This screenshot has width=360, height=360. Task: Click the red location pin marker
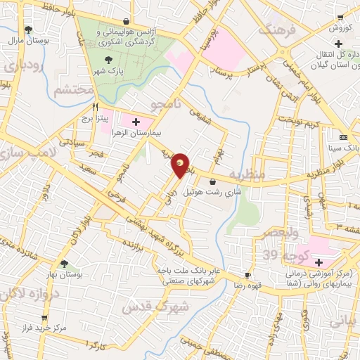[x=181, y=165]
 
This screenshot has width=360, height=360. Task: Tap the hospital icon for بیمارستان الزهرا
[x=134, y=123]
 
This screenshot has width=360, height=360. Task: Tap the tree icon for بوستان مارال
[x=28, y=30]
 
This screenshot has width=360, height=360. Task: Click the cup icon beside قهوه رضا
[x=247, y=275]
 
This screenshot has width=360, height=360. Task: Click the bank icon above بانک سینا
[x=343, y=137]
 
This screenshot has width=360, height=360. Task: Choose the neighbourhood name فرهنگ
[x=275, y=30]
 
